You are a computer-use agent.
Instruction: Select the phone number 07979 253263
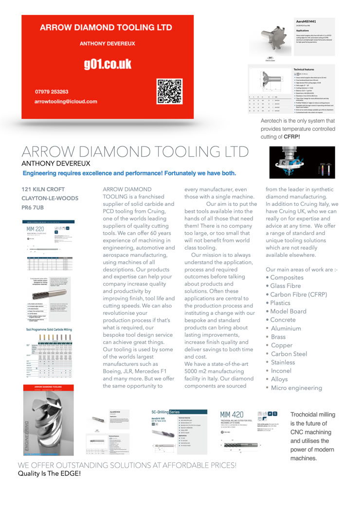(x=52, y=91)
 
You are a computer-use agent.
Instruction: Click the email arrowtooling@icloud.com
(x=66, y=101)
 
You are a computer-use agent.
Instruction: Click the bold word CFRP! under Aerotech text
(x=291, y=137)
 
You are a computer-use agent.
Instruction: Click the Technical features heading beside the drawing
(x=309, y=70)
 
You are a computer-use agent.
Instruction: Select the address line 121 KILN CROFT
(x=43, y=189)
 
